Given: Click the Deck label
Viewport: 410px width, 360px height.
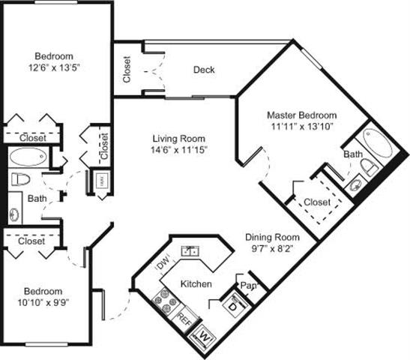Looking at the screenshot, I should (x=204, y=70).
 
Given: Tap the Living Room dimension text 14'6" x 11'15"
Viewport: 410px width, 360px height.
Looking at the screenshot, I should (x=179, y=150).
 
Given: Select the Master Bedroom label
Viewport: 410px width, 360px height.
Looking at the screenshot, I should (x=302, y=115).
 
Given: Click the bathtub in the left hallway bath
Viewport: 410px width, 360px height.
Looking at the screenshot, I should (x=28, y=157).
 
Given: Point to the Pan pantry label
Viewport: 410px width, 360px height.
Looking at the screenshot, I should (x=247, y=286).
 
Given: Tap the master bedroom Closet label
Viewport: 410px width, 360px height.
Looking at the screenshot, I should (x=318, y=201).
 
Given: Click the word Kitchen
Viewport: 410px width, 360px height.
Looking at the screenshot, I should (x=196, y=284).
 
